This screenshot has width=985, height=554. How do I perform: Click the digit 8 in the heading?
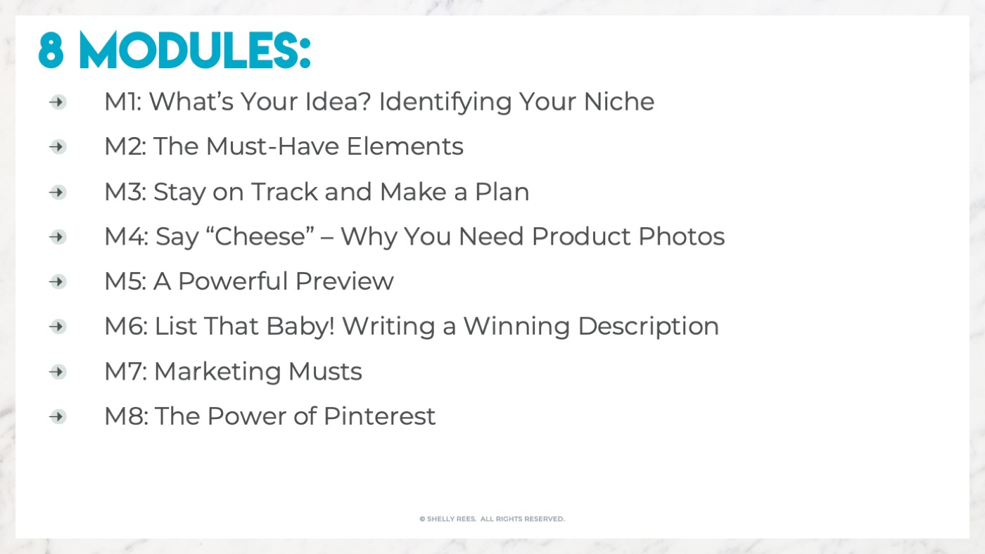pos(51,50)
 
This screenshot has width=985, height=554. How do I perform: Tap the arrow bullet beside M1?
pos(58,102)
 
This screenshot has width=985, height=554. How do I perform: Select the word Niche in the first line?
pos(618,101)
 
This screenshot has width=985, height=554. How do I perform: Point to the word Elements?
pos(405,146)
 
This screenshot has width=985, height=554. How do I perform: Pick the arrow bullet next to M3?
pos(58,192)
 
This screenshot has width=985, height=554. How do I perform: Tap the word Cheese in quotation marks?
pos(260,236)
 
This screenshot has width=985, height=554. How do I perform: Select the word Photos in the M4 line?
pos(681,236)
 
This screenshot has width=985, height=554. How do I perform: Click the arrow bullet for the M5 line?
pos(58,282)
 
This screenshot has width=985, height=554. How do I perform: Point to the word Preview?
pos(344,281)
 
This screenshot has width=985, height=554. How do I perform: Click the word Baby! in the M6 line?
pos(300,327)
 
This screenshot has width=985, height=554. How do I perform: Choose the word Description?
pos(648,327)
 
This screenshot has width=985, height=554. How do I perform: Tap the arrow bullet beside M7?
pos(58,372)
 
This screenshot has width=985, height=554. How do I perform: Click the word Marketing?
pos(217,372)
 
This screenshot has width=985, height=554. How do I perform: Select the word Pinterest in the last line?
pos(379,416)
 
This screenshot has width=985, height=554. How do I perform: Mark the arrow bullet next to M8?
pos(58,416)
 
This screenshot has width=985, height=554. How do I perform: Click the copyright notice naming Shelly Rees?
pos(492,519)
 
